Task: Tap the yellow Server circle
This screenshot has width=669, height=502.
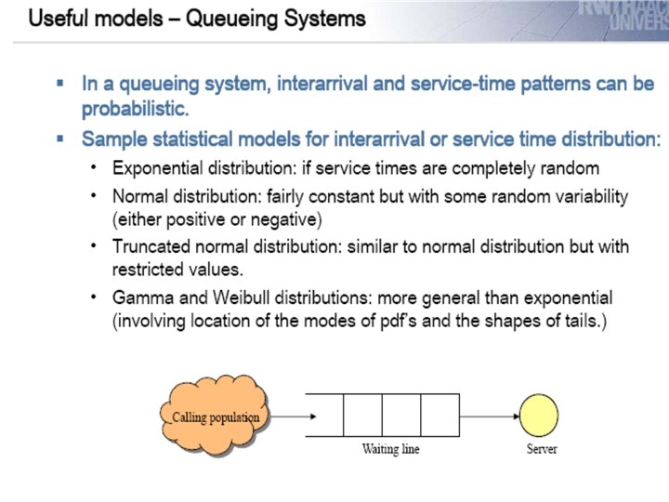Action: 540,416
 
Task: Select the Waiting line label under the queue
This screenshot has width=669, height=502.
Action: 391,449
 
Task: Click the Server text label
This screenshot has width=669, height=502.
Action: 542,449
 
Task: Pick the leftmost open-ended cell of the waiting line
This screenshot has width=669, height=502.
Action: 325,415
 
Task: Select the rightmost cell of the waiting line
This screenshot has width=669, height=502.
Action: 439,415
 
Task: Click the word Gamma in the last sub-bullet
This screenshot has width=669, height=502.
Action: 138,298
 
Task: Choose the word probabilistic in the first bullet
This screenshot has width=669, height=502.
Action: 135,108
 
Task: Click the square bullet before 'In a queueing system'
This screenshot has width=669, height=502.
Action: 60,83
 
